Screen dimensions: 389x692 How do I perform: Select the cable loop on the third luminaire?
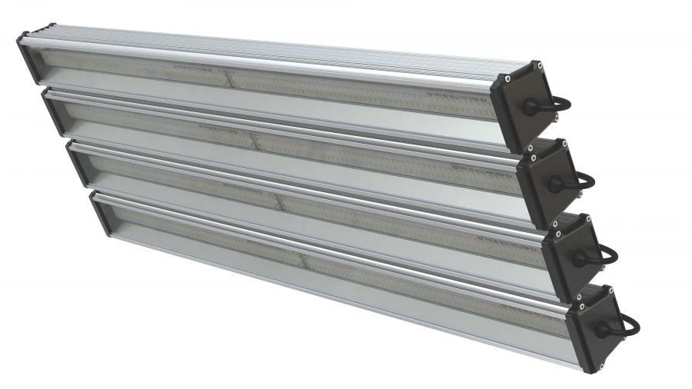coord(608,254)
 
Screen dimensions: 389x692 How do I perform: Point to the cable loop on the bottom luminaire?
coord(630,324)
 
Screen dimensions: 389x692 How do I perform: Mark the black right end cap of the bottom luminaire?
coord(594,318)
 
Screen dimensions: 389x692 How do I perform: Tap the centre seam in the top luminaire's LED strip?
coord(229,76)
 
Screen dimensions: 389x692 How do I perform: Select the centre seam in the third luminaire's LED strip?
coord(278,201)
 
